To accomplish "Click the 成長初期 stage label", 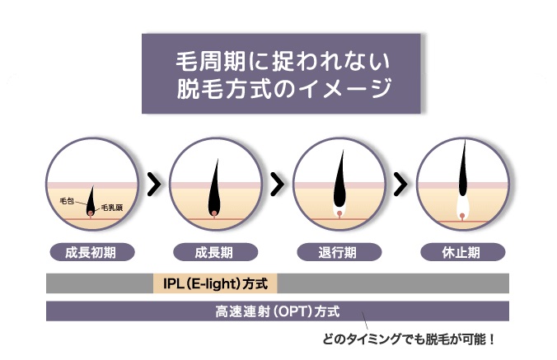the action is (92, 252).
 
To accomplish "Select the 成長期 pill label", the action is (215, 252).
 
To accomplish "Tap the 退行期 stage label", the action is (339, 252).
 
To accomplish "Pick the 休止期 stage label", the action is (462, 252).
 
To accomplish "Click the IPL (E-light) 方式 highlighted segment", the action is (215, 283).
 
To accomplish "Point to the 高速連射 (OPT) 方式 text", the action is (278, 311).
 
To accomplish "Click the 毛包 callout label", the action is (67, 201).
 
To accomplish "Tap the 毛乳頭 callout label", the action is (112, 208).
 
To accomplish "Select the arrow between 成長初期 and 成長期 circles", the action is (154, 184).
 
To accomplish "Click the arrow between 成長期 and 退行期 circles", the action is (278, 184).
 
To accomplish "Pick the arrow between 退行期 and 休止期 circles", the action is (400, 184).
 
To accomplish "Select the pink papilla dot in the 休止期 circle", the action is (462, 216).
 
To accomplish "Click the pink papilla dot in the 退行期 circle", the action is (339, 213).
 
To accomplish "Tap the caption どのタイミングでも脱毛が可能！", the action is (409, 339).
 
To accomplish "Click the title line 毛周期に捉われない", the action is (283, 62).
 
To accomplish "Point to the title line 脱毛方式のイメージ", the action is (284, 87).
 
